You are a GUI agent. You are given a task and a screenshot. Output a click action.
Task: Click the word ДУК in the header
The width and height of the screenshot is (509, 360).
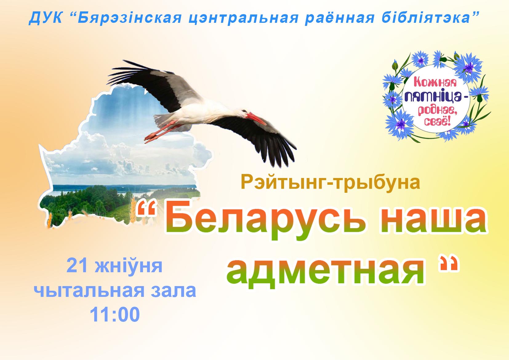coord(46,18)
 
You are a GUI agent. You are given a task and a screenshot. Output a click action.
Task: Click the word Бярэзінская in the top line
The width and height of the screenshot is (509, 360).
coord(130,18)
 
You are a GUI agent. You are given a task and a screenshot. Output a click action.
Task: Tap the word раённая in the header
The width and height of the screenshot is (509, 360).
coord(339,18)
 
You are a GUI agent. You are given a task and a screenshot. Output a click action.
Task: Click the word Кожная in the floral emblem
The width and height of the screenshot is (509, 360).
coord(435,82)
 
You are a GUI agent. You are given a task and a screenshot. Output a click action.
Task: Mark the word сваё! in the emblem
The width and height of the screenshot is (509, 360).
coord(437,121)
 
